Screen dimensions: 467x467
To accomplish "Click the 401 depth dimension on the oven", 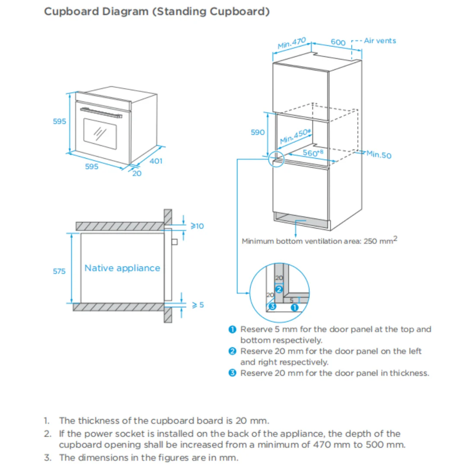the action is click(x=156, y=161).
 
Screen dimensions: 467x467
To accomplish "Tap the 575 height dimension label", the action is click(x=59, y=271).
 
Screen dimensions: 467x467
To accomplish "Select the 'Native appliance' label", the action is click(x=122, y=268).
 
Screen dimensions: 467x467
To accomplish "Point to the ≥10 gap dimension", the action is click(x=197, y=226).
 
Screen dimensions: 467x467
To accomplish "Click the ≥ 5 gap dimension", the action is click(x=198, y=305).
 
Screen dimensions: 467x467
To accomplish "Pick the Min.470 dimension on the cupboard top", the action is click(x=291, y=43).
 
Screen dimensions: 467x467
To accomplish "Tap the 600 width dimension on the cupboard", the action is click(x=338, y=42).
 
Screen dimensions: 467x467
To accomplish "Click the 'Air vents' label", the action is click(x=380, y=41).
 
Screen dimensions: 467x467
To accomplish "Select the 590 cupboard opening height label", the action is click(x=258, y=132).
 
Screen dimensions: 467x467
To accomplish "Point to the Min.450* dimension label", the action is click(x=295, y=136).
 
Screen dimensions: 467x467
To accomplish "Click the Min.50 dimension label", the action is click(x=379, y=154).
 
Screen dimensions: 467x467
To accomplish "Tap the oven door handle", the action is click(x=101, y=113).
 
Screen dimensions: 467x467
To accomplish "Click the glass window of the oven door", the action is click(x=100, y=134).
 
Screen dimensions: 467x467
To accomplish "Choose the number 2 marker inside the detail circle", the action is click(x=279, y=289).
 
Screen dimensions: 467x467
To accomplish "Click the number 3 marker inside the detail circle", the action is click(x=272, y=306).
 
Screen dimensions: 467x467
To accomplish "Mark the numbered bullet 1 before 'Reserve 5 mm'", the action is click(x=232, y=329).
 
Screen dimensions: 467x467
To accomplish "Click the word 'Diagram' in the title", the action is click(x=125, y=12).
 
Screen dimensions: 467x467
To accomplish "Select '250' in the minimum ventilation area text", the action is click(x=370, y=241).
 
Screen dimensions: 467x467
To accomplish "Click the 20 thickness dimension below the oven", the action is click(x=137, y=174).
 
